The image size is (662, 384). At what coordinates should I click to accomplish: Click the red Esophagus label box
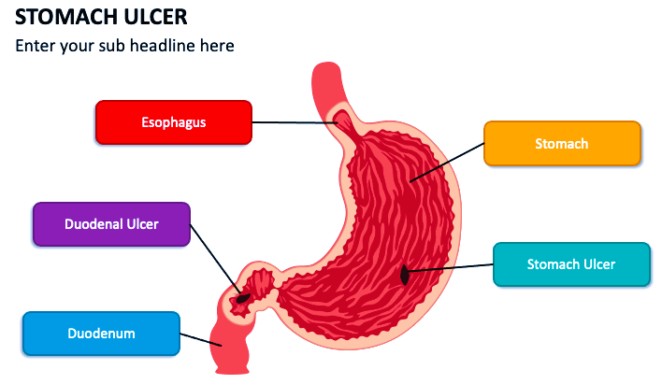173,122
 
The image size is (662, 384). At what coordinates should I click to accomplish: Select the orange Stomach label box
562,144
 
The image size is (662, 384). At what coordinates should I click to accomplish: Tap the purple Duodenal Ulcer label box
111,224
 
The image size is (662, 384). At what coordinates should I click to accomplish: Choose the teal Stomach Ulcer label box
570,264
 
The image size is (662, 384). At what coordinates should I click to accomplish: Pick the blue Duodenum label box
101,334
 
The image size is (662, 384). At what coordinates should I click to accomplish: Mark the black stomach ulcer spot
404,276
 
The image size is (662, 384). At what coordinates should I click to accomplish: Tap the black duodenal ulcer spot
243,299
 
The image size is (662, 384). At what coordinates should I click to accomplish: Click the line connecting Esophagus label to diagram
295,122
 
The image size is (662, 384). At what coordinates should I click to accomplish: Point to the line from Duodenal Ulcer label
215,261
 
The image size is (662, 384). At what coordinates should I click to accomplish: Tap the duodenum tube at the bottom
229,350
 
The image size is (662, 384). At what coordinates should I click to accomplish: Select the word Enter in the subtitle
36,45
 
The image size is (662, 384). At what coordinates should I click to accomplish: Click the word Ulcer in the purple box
140,224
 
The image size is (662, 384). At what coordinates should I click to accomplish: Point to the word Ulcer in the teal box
598,264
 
